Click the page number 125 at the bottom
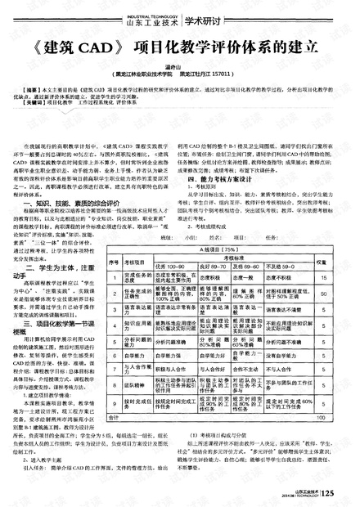328,492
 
